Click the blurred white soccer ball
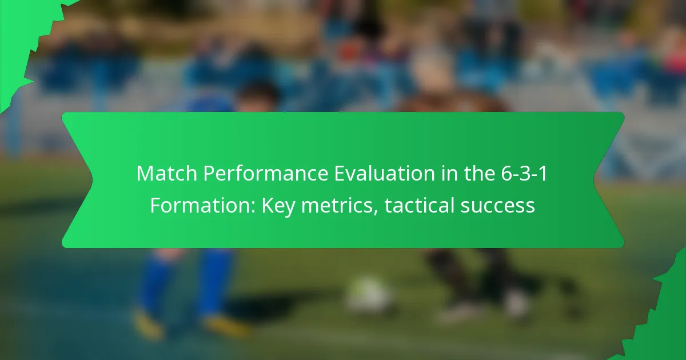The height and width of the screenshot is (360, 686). pos(369,294)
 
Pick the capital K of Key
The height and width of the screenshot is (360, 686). pos(268,205)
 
